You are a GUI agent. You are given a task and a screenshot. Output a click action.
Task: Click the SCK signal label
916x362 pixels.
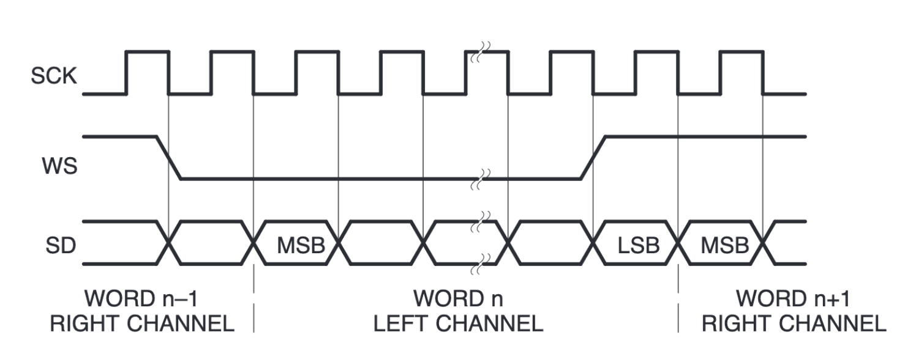tap(54, 76)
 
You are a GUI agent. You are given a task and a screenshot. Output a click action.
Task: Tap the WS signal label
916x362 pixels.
tap(60, 166)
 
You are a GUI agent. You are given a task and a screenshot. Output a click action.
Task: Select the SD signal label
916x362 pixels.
tap(61, 246)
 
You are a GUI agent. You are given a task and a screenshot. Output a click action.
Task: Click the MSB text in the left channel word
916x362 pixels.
tap(301, 245)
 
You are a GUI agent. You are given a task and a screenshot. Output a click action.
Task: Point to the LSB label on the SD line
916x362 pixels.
tap(639, 245)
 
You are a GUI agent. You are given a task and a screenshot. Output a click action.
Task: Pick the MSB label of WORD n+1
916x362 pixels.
tap(725, 245)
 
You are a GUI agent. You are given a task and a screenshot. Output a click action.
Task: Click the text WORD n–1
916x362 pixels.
tap(141, 298)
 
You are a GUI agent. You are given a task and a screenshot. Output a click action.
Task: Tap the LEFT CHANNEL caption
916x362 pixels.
tap(459, 323)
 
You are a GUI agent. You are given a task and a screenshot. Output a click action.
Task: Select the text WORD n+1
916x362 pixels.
tap(793, 298)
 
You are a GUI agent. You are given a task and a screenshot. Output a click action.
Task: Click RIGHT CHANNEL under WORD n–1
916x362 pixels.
tap(142, 323)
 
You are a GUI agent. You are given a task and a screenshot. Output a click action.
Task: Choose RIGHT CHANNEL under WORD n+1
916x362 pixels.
tap(794, 323)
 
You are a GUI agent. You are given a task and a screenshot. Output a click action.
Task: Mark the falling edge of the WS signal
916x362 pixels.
tap(169, 158)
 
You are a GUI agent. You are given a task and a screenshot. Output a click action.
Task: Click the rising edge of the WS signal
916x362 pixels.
tap(593, 158)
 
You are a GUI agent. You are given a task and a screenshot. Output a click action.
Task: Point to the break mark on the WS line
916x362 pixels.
tap(480, 179)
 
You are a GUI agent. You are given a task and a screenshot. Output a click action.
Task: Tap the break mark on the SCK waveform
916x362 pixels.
tap(480, 52)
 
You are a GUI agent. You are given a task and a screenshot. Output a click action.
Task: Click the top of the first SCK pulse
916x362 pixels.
tap(147, 51)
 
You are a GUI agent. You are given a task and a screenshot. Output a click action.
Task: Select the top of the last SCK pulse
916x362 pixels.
tap(741, 51)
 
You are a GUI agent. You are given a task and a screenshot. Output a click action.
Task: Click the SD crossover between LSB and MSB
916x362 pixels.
tap(678, 243)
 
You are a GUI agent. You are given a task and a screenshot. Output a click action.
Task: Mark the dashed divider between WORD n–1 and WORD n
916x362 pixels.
tap(254, 298)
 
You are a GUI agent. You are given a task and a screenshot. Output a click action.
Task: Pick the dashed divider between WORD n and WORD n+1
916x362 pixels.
tap(678, 298)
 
